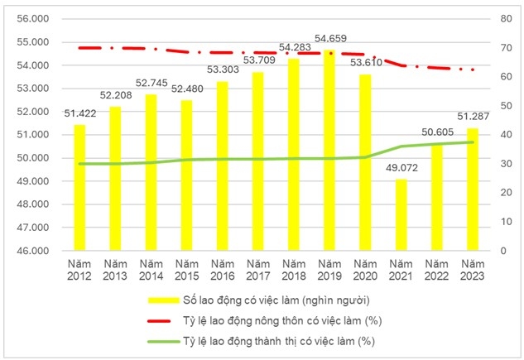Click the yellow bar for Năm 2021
point(401,214)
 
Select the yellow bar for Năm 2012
point(79,187)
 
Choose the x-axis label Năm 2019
point(329,270)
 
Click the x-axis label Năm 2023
point(473,270)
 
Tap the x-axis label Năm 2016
point(223,270)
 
